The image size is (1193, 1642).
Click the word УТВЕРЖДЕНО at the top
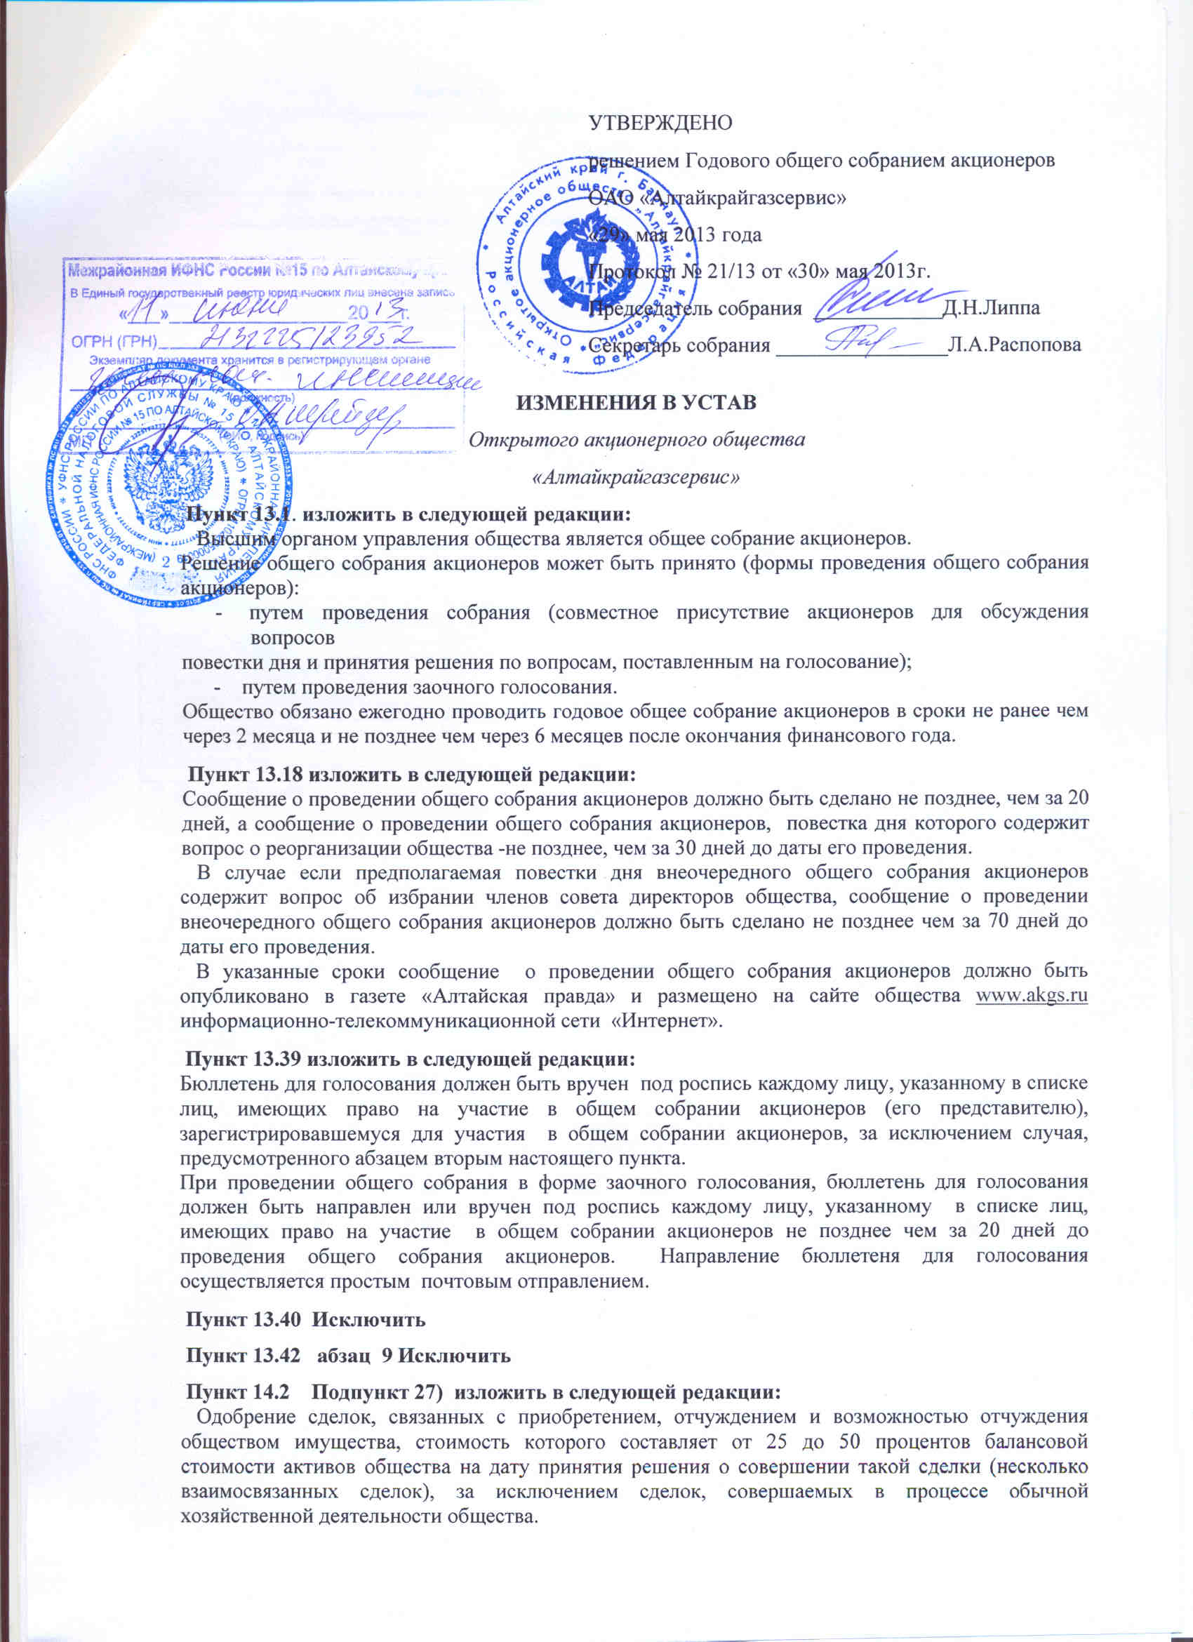coord(660,122)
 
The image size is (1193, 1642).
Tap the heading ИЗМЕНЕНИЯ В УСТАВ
coord(636,402)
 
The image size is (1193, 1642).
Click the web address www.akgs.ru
coord(1032,996)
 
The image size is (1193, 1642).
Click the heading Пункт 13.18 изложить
coord(412,775)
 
